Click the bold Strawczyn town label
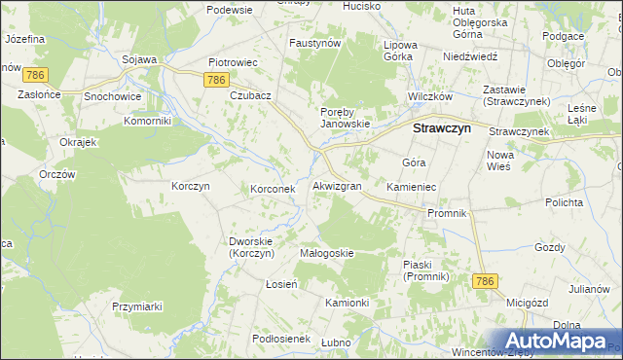pyautogui.click(x=443, y=127)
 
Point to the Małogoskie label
pyautogui.click(x=326, y=253)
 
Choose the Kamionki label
pyautogui.click(x=347, y=303)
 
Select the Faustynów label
pyautogui.click(x=314, y=44)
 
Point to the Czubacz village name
pyautogui.click(x=250, y=96)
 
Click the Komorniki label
pyautogui.click(x=148, y=122)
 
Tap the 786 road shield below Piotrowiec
pyautogui.click(x=217, y=80)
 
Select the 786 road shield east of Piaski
pyautogui.click(x=486, y=280)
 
